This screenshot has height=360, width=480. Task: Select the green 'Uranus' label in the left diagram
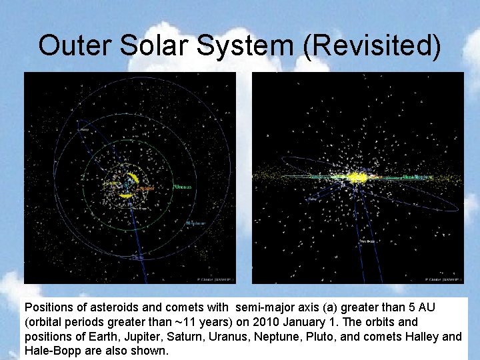click(183, 187)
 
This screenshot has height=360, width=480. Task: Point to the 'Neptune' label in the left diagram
click(195, 223)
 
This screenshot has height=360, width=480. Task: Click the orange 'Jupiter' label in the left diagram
click(145, 189)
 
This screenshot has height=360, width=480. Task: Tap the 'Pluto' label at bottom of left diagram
click(138, 257)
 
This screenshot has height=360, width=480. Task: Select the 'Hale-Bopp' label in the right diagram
click(367, 241)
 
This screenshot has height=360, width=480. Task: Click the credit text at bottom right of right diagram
click(441, 280)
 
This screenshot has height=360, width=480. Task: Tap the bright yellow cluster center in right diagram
click(358, 177)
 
